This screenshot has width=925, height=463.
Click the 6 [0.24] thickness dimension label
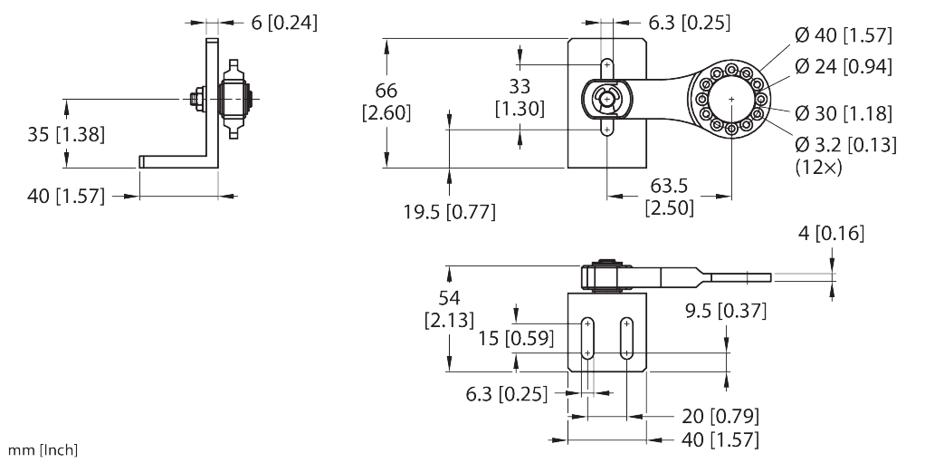pyautogui.click(x=284, y=23)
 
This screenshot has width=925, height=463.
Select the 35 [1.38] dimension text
pyautogui.click(x=66, y=135)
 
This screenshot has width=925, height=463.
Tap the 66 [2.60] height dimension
pyautogui.click(x=386, y=101)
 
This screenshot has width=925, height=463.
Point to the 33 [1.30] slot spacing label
pyautogui.click(x=520, y=98)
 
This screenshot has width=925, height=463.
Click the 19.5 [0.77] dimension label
pyautogui.click(x=450, y=211)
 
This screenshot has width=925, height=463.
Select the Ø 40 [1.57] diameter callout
pyautogui.click(x=844, y=36)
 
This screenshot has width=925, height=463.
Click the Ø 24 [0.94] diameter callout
pyautogui.click(x=844, y=67)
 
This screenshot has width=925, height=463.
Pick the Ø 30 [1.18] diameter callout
pyautogui.click(x=844, y=112)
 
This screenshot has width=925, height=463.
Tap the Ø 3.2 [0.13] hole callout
pyautogui.click(x=845, y=144)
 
